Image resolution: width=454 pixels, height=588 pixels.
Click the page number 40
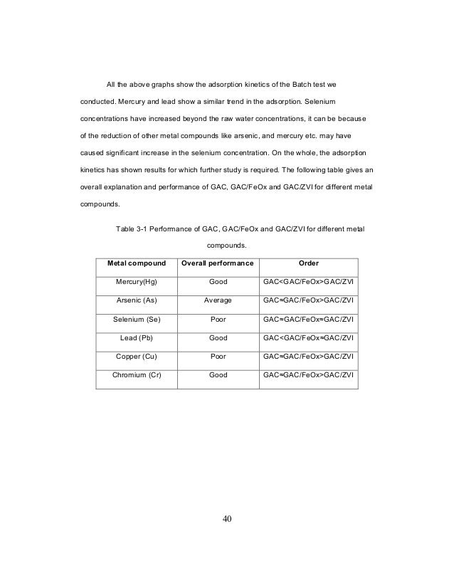pyautogui.click(x=227, y=518)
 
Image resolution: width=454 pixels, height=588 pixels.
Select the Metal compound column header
pyautogui.click(x=137, y=263)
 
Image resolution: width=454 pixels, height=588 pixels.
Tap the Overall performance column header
pyautogui.click(x=218, y=263)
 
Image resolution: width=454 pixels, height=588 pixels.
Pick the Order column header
pyautogui.click(x=308, y=263)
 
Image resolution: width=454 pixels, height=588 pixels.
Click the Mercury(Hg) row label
pyautogui.click(x=137, y=282)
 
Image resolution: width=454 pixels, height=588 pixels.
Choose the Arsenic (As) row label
pyautogui.click(x=137, y=300)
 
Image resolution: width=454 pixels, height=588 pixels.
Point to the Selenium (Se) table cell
pyautogui.click(x=137, y=319)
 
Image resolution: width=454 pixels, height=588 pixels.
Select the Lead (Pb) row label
pyautogui.click(x=137, y=337)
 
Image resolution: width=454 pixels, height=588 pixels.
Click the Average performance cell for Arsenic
pyautogui.click(x=218, y=300)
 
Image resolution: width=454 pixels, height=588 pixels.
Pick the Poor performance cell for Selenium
pyautogui.click(x=218, y=319)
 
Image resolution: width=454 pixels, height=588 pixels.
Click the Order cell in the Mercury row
pyautogui.click(x=308, y=282)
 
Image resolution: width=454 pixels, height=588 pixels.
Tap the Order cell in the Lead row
pyautogui.click(x=308, y=337)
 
